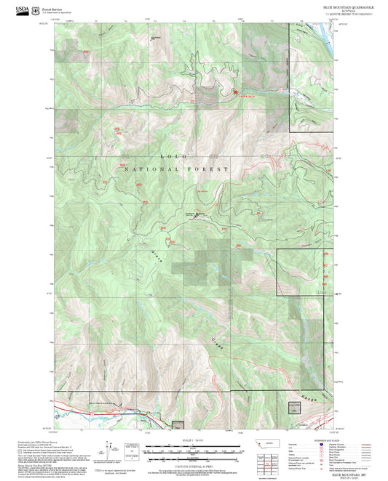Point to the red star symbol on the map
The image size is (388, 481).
pos(235,92)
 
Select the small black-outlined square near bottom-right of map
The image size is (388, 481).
pos(294,407)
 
